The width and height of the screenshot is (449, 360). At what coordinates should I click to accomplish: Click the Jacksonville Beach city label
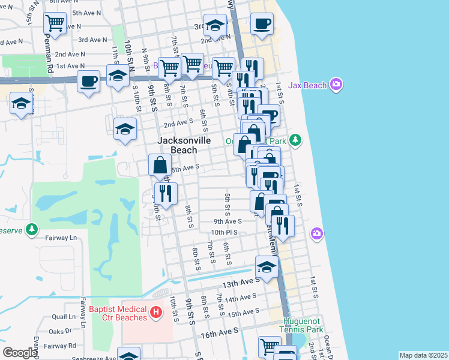[x=184, y=145]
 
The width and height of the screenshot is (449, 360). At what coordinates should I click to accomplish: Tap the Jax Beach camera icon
[x=336, y=85]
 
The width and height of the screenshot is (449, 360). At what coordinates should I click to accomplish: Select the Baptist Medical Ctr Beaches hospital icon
[x=156, y=312]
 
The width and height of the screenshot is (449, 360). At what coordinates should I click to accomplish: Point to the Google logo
[x=20, y=353]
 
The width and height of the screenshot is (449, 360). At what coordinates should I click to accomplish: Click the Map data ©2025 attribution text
[x=423, y=355]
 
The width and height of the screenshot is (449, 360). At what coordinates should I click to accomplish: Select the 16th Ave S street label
[x=220, y=331]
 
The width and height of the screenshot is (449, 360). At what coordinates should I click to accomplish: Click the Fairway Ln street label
[x=61, y=238]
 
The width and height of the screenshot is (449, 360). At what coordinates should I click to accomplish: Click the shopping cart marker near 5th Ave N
[x=55, y=23]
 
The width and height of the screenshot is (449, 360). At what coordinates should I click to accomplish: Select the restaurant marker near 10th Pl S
[x=283, y=225]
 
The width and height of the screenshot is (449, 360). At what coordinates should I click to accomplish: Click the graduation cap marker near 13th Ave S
[x=266, y=266]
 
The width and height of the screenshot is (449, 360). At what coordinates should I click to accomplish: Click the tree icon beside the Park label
[x=295, y=140]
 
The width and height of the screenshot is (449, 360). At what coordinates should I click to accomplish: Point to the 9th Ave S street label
[x=227, y=221]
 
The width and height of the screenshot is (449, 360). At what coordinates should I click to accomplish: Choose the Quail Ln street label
[x=64, y=316]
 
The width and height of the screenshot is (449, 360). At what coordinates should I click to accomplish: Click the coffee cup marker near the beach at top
[x=261, y=24]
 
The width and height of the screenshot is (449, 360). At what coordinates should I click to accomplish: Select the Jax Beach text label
[x=307, y=85]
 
